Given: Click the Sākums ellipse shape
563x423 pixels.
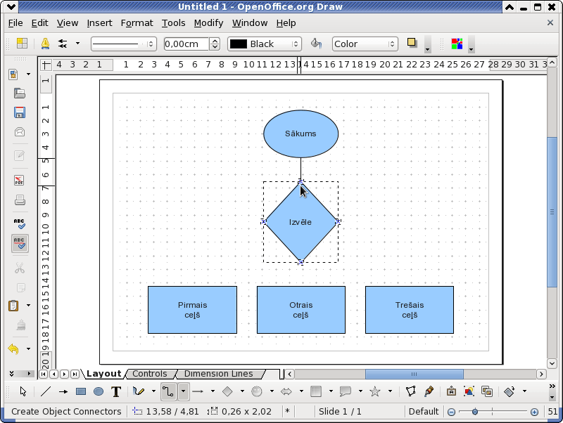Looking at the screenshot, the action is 301,134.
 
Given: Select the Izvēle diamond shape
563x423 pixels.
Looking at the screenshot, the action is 301,222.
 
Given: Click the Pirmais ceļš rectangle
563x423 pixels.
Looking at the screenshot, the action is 192,310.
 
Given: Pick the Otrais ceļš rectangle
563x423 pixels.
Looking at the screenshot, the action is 301,310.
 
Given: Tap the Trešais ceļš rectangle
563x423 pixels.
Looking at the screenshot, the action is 410,310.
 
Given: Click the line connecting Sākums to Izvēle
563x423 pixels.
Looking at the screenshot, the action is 301,170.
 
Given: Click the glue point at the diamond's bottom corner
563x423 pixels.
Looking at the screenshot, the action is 301,262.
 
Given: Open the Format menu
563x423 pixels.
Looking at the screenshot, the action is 137,23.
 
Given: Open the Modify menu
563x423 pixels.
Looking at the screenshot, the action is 208,23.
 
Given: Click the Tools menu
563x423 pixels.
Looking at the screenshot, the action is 173,23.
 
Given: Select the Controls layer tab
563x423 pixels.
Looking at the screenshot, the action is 150,374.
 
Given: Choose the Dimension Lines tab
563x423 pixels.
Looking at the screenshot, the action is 218,374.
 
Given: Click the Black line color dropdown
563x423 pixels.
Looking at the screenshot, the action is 265,44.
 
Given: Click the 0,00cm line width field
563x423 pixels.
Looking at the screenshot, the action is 186,44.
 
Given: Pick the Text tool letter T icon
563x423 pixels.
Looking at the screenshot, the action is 116,391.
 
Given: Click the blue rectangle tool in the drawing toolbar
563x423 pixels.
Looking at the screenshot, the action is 81,391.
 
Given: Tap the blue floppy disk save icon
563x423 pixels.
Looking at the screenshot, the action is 20,112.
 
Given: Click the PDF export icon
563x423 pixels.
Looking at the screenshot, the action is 20,180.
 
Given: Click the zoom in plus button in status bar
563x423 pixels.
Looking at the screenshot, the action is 534,412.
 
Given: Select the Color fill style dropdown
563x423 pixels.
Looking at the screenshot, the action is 365,44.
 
